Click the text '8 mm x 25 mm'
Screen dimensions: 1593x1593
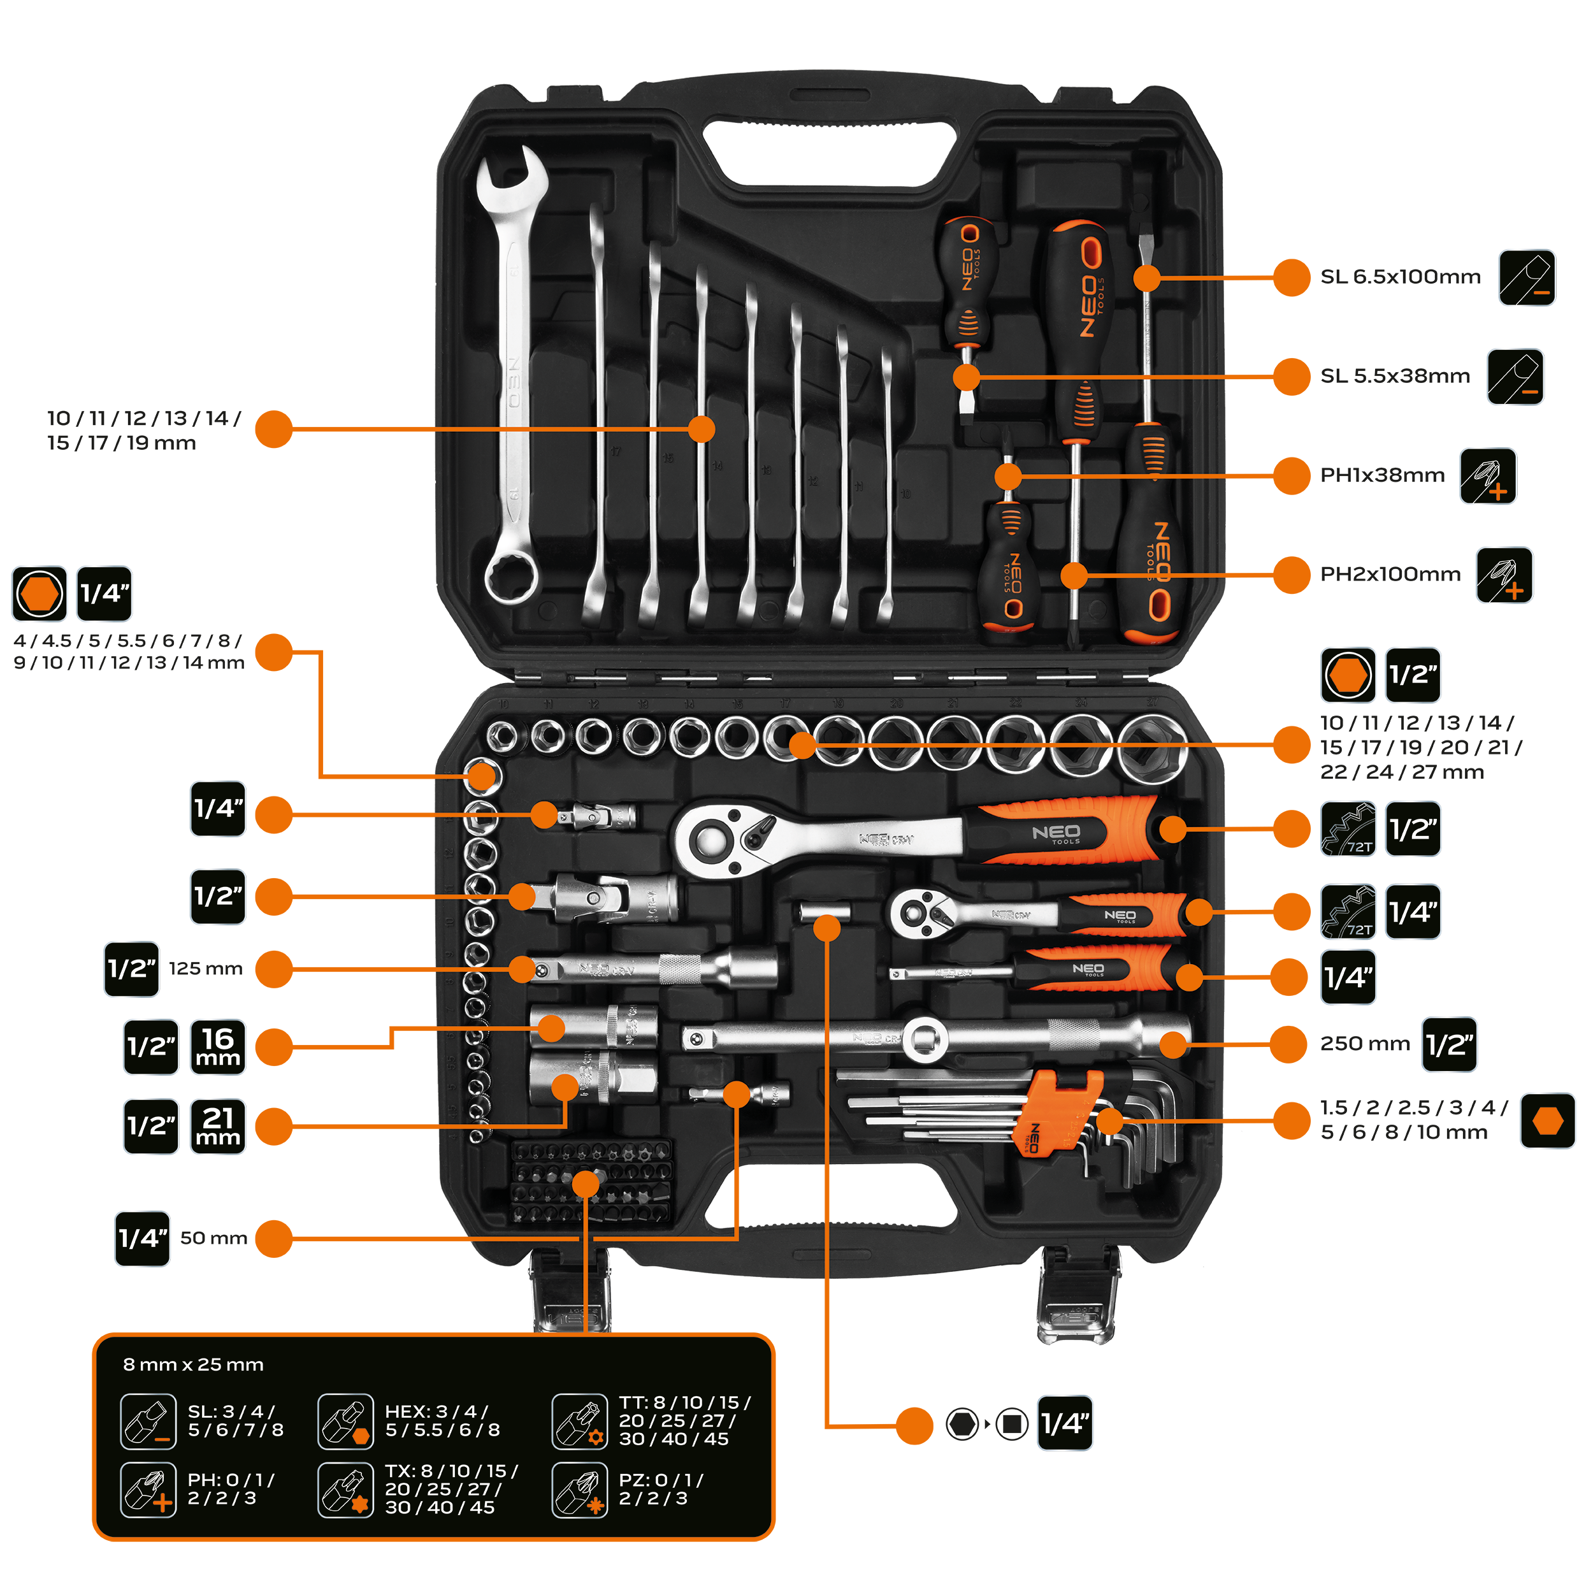193,1365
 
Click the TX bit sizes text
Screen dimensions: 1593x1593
451,1489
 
